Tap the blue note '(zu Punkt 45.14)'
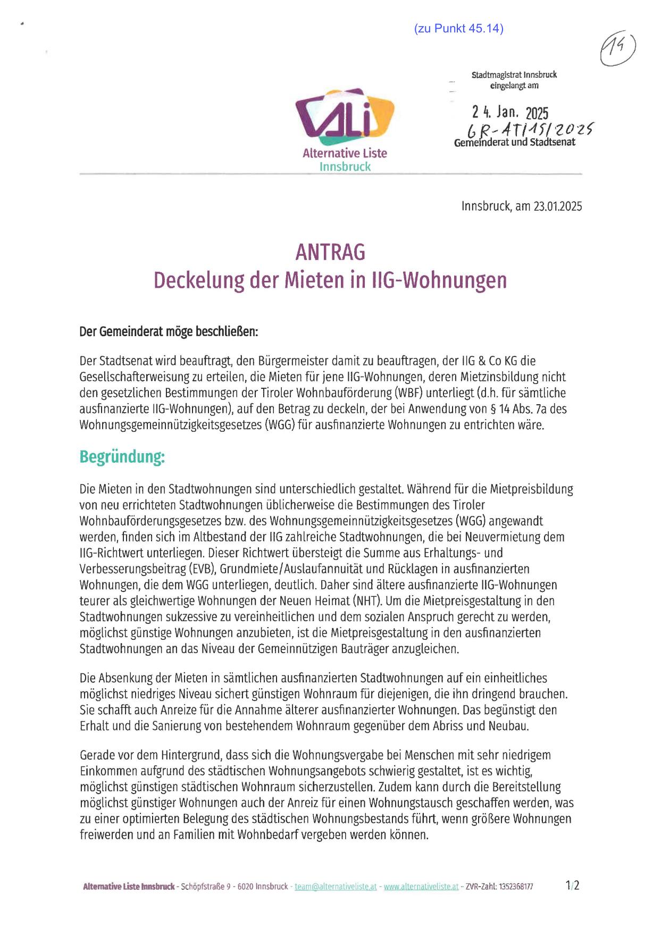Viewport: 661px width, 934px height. (458, 29)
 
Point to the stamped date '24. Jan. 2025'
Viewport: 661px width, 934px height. (510, 113)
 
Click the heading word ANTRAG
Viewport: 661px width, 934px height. (330, 252)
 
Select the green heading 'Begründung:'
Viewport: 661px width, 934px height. (122, 456)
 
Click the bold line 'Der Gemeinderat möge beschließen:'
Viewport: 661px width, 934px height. (169, 332)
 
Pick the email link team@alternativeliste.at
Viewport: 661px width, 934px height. (336, 887)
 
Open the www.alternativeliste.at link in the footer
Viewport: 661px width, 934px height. (421, 887)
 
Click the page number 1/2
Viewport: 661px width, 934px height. (573, 886)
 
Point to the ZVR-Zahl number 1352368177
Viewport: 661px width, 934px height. (516, 887)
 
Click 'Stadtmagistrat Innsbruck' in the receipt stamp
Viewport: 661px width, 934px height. (514, 75)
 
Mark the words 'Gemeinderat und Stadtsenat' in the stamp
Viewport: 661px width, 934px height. (514, 143)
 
